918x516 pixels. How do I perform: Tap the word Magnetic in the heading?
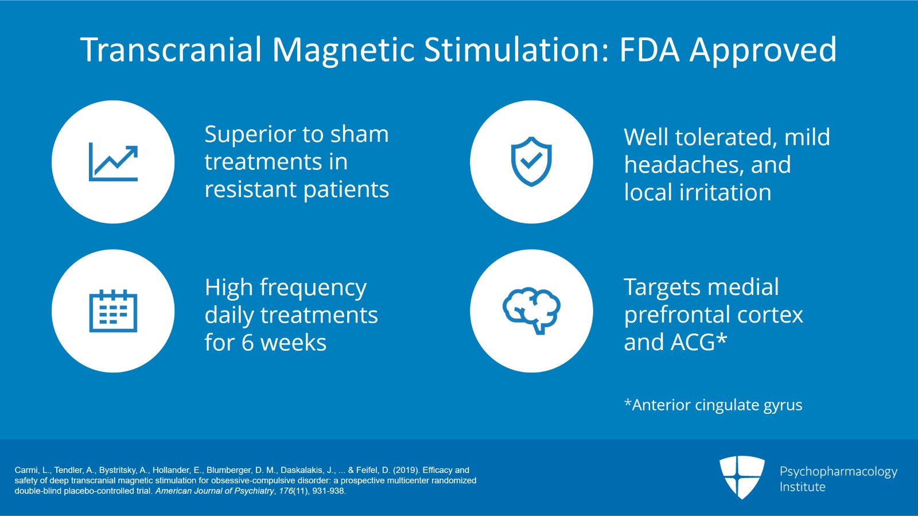343,50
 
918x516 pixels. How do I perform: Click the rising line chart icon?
113,162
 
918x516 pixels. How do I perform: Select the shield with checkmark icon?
531,162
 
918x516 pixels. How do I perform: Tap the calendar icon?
113,311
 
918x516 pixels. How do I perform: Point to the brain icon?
531,311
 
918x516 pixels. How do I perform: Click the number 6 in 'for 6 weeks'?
247,343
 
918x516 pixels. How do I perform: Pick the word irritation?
725,193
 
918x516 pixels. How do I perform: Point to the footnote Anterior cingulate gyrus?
713,405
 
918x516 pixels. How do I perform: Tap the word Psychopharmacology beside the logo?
838,472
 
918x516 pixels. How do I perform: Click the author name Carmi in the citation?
26,470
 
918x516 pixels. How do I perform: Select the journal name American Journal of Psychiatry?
215,491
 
